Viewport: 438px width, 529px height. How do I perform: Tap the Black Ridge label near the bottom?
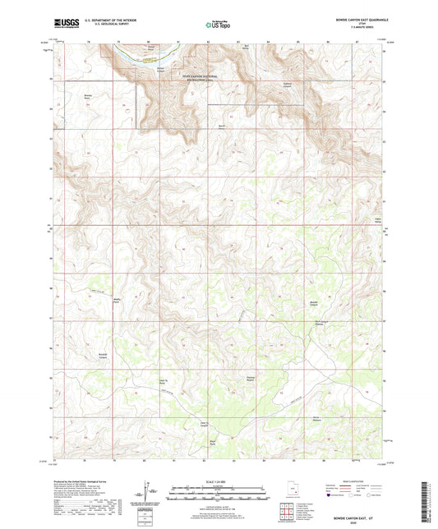click(213, 443)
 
